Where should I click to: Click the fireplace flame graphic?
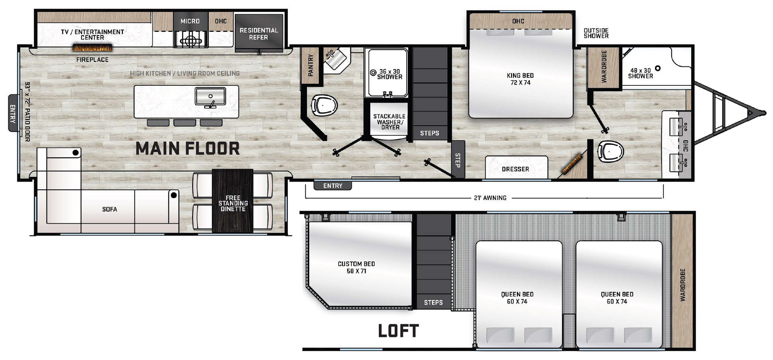[92, 48]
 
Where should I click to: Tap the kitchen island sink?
[210, 97]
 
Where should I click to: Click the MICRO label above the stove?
[190, 21]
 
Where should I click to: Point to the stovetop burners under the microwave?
[191, 40]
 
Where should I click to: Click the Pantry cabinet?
[310, 65]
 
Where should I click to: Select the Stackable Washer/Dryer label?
[389, 122]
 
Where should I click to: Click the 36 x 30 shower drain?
[373, 73]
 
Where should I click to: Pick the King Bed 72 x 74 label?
[520, 79]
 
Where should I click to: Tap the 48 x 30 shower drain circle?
[657, 68]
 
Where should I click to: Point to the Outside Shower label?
[596, 33]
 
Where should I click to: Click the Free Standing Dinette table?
[233, 201]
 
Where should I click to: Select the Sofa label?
[110, 209]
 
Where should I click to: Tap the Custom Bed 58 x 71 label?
[356, 267]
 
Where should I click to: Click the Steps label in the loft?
[433, 302]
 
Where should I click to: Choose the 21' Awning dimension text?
[490, 198]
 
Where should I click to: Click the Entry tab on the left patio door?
[13, 113]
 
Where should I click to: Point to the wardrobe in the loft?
[682, 281]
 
